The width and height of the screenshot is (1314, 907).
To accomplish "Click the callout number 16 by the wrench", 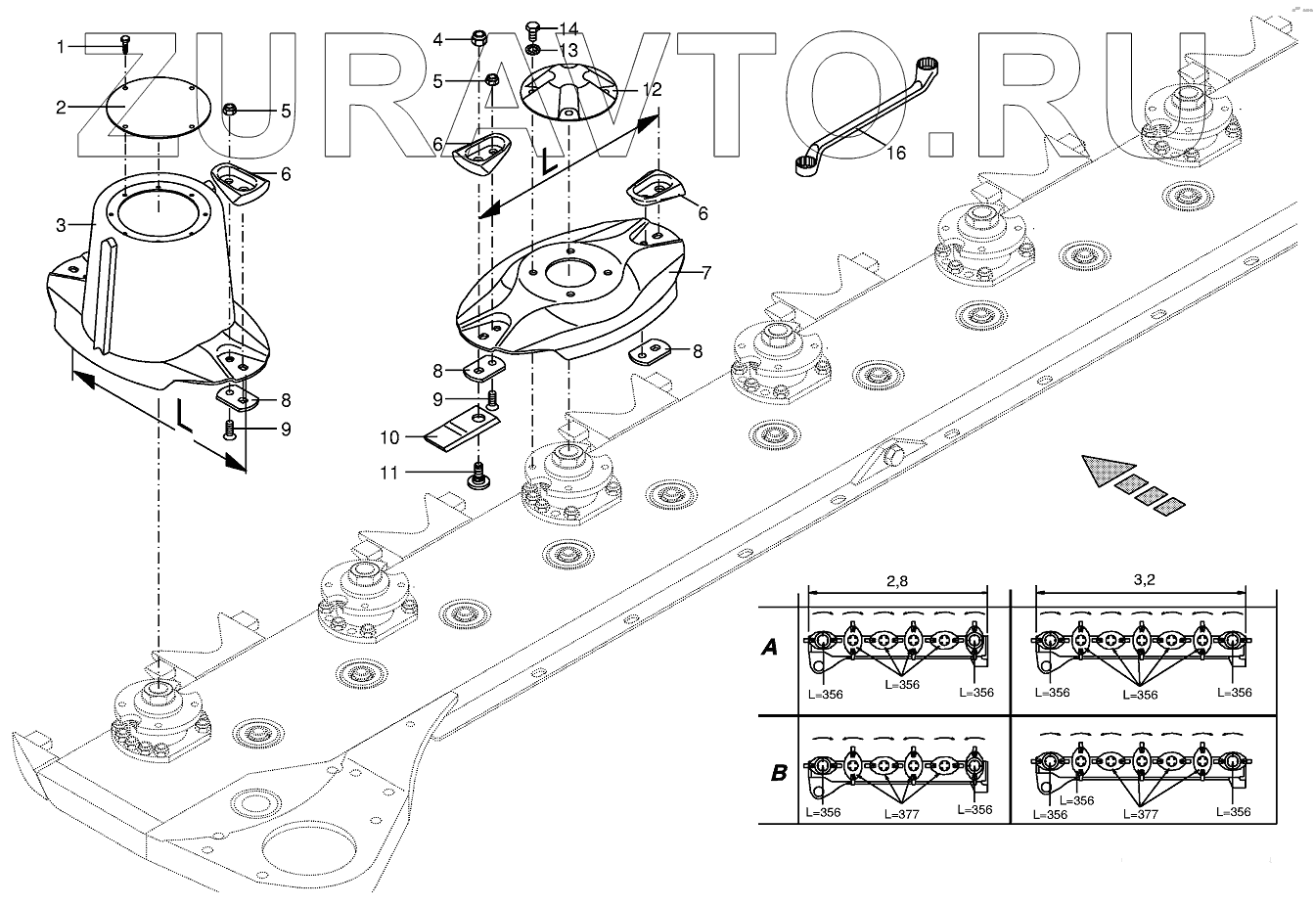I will [x=895, y=153].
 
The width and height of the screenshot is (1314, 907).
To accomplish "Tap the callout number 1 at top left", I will [x=61, y=46].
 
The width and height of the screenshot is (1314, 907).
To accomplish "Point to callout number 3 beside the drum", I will [x=61, y=225].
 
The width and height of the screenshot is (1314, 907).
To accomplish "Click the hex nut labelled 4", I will [x=479, y=39].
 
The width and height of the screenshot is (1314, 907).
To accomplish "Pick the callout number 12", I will [x=652, y=89].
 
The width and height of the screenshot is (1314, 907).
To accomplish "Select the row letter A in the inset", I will [x=771, y=647].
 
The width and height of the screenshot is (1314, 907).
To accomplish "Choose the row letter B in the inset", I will [x=779, y=772].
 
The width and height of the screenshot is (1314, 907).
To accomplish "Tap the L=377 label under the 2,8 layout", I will [x=901, y=812].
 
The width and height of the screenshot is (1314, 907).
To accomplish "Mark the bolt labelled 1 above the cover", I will [x=125, y=40].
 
